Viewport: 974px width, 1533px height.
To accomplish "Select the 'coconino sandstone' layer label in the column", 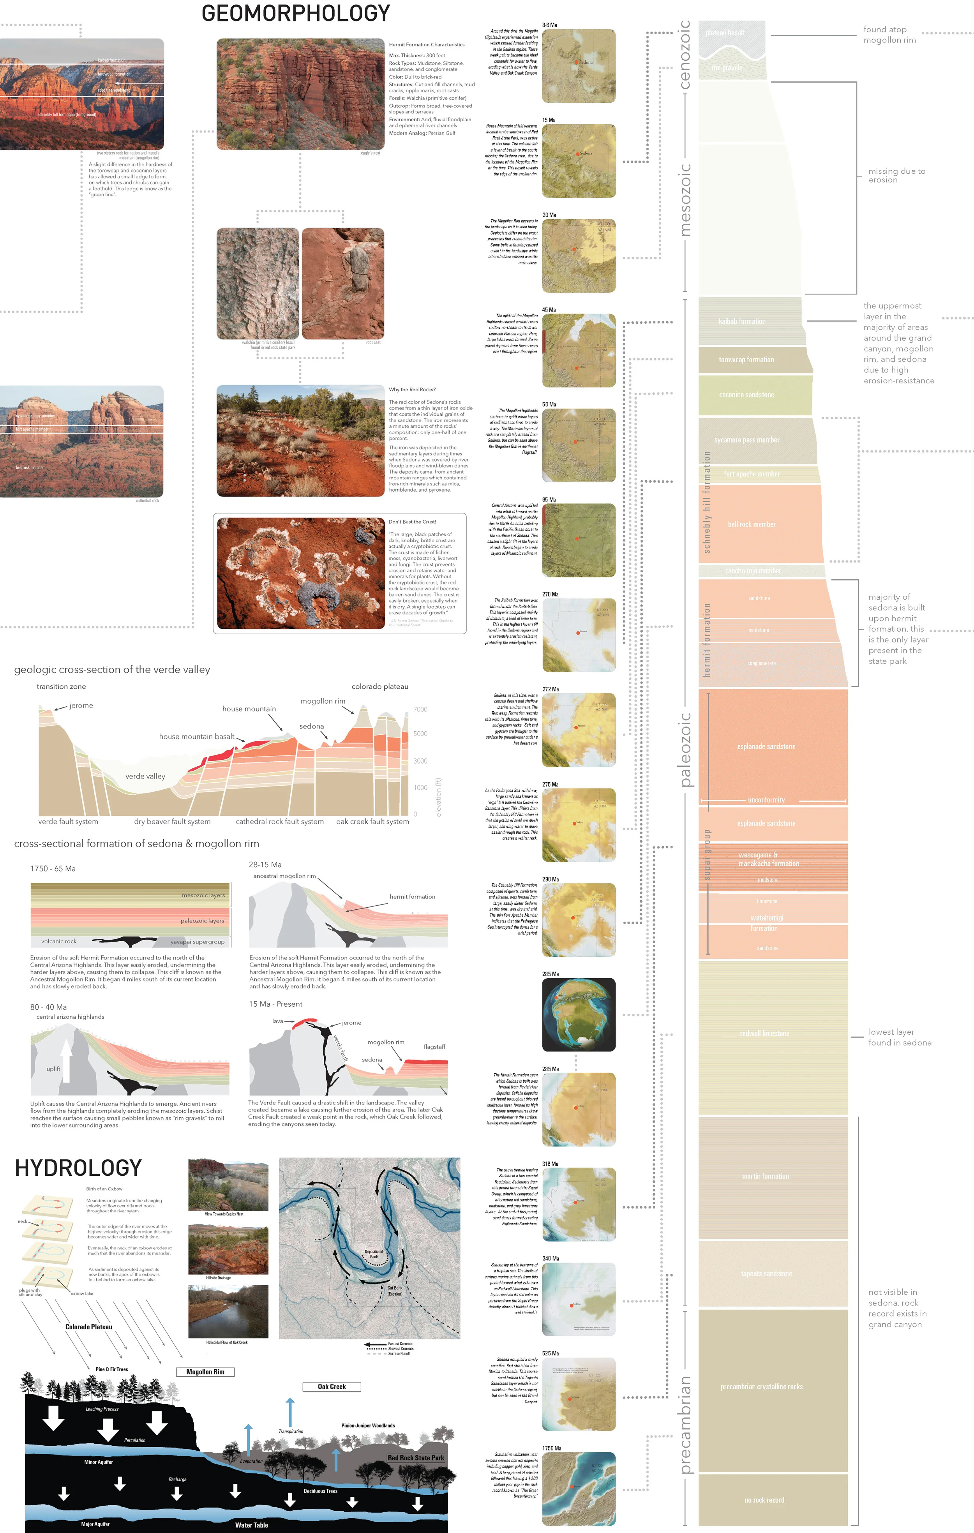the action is (x=746, y=395).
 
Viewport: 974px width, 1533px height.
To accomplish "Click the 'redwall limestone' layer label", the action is (x=764, y=1033).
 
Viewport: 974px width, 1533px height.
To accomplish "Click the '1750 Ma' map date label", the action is (x=551, y=1448).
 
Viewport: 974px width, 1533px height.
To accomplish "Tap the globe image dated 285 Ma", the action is (x=579, y=1015).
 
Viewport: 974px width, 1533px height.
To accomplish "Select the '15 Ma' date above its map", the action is (x=549, y=120).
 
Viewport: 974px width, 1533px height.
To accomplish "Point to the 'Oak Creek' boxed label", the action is (x=332, y=1387).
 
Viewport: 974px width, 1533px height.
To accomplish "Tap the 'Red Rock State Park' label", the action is (x=416, y=1458).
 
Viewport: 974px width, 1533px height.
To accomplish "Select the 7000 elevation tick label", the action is (x=420, y=709).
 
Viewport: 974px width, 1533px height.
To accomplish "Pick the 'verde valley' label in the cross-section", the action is (x=145, y=776).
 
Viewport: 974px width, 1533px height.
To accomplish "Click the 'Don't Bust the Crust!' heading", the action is (x=412, y=521).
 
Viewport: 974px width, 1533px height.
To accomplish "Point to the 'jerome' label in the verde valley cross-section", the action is (x=81, y=706).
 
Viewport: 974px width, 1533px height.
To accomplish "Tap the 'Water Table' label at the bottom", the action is (x=251, y=1525).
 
